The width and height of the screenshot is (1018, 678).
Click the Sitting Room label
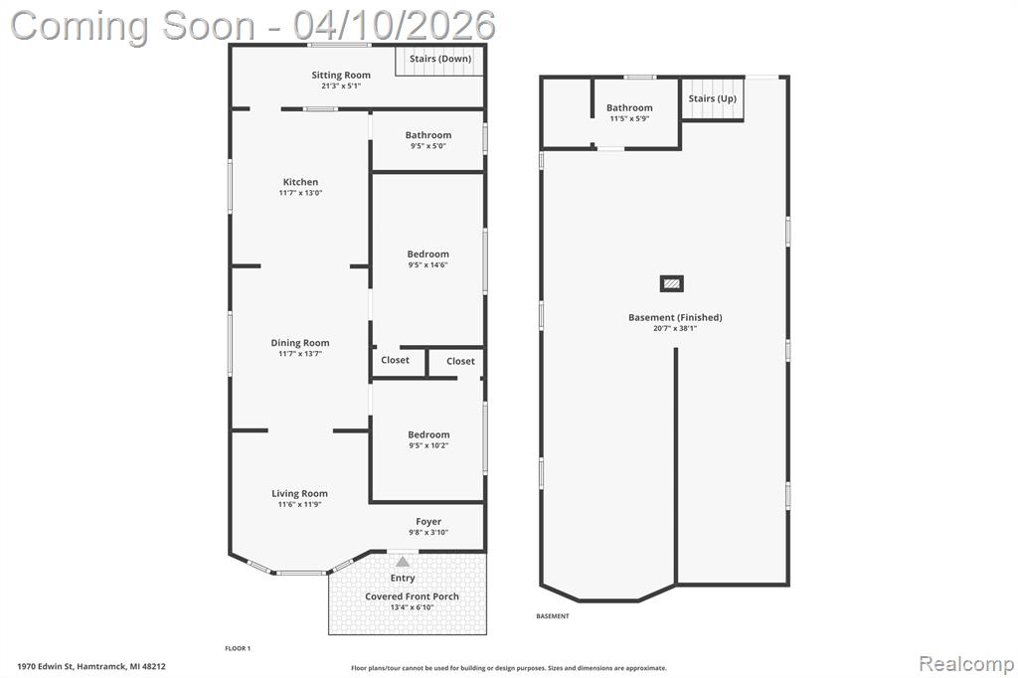(341, 75)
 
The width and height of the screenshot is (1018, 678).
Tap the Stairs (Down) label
(440, 59)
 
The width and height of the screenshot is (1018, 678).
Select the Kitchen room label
(300, 182)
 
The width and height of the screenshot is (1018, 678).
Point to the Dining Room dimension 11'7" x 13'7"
(300, 354)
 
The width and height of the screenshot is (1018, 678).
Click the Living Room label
(299, 493)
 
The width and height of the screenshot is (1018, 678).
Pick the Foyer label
(428, 522)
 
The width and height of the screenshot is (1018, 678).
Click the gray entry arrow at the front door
(403, 562)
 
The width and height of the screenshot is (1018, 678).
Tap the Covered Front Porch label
(412, 596)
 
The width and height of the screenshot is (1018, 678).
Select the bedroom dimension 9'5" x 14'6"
(427, 265)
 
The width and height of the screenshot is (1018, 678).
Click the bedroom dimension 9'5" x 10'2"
(428, 445)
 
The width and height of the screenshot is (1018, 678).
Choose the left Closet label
(395, 360)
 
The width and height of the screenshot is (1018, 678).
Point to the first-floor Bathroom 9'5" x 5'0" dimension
(427, 146)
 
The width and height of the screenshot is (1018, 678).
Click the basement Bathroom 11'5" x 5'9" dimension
(629, 119)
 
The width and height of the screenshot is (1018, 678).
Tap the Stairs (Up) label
(712, 98)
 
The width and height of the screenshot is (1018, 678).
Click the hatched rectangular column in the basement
(672, 283)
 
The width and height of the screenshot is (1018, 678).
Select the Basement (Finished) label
(675, 317)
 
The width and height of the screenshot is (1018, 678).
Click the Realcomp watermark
(966, 664)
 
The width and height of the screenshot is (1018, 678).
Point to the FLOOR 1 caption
(238, 648)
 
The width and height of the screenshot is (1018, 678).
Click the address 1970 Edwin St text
(47, 666)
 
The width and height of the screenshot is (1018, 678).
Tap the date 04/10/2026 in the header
(394, 26)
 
